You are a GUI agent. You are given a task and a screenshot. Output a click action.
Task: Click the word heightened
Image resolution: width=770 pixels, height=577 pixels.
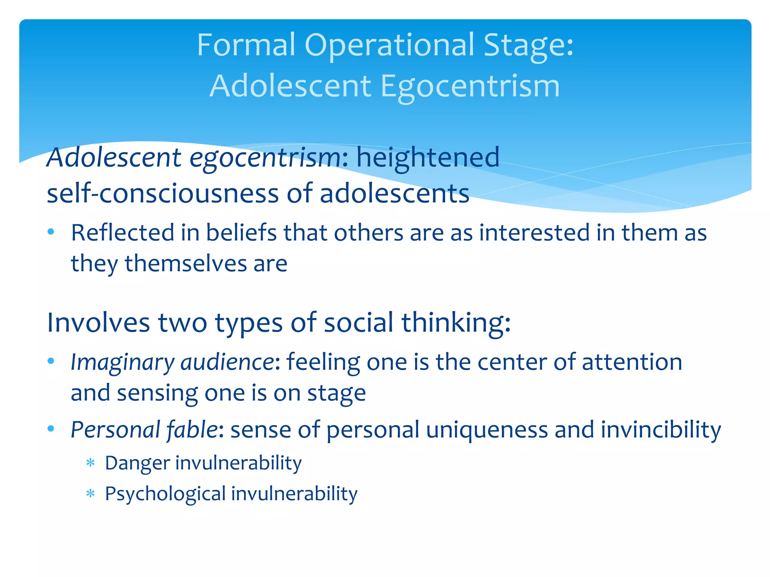[x=428, y=157]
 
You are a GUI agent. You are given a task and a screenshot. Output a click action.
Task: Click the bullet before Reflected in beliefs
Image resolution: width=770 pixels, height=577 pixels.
[x=51, y=231]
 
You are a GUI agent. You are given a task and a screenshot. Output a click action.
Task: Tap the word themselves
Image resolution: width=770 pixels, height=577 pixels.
[x=186, y=263]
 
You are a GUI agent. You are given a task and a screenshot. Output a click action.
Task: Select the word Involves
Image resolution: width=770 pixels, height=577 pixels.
[x=98, y=322]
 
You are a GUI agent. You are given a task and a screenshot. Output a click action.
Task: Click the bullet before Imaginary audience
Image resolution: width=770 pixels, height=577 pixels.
[x=51, y=361]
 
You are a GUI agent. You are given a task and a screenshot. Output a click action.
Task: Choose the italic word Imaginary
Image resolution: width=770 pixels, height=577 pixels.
[x=123, y=363]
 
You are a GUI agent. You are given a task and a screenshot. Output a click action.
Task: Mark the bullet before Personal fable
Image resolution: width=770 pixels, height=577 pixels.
[x=51, y=428]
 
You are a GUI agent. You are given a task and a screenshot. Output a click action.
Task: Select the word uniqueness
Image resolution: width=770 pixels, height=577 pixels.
[x=487, y=429]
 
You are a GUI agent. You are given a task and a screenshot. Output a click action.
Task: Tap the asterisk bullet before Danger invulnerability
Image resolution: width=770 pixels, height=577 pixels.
[x=90, y=462]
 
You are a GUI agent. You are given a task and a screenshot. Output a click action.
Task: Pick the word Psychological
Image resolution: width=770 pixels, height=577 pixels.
[x=165, y=494]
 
